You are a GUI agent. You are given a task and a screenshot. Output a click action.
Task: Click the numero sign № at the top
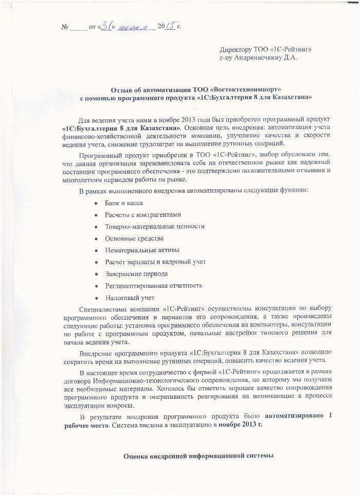[x=65, y=26]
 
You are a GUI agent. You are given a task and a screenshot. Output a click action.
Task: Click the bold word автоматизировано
[x=294, y=416]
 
